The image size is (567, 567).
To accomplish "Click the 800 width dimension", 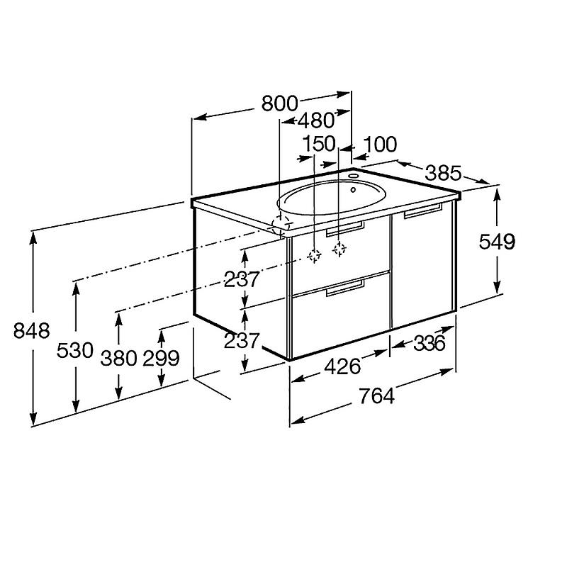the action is (279, 103).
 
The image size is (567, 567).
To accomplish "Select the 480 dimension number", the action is (317, 120).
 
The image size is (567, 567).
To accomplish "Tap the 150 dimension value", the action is (319, 144).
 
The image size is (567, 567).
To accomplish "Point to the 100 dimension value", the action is (380, 145).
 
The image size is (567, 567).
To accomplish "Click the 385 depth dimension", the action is (444, 173).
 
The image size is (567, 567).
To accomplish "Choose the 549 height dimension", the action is (497, 242).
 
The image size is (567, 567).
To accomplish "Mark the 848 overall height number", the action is (31, 330).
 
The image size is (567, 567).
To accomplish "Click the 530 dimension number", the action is (75, 350).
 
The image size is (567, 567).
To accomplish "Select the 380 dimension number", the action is (118, 359).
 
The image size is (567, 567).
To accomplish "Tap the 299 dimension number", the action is (162, 359).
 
